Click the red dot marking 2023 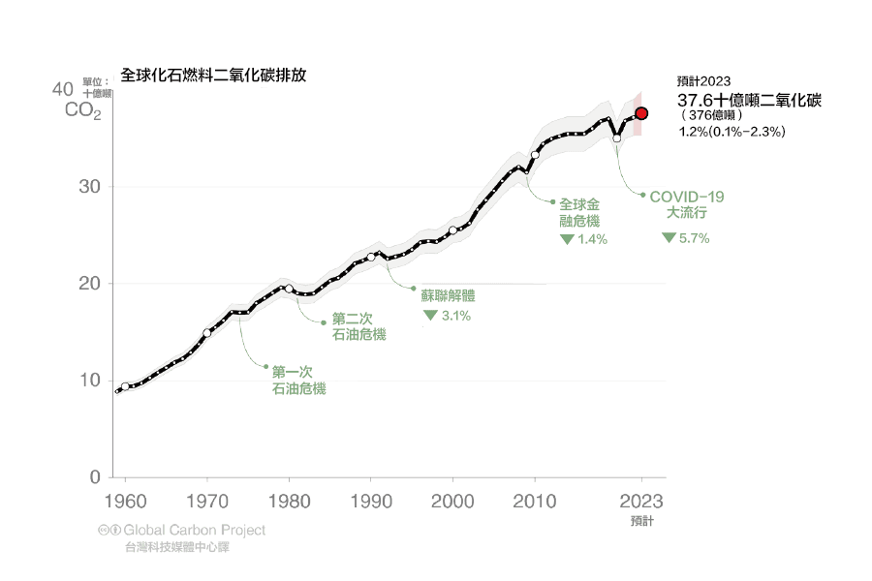pos(641,113)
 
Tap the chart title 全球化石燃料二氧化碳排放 pos(214,75)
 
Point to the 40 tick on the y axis pos(62,89)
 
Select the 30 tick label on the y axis pos(89,186)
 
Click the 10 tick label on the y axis pos(89,380)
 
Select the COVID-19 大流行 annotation pos(687,203)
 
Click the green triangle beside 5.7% pos(670,237)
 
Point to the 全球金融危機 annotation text pos(579,212)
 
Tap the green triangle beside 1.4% pos(567,238)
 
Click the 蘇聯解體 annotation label pos(449,295)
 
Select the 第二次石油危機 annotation pos(358,326)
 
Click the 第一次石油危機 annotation pos(298,380)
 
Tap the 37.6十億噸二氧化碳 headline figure pos(749,101)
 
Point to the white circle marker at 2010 pos(535,154)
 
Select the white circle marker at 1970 pos(206,332)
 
